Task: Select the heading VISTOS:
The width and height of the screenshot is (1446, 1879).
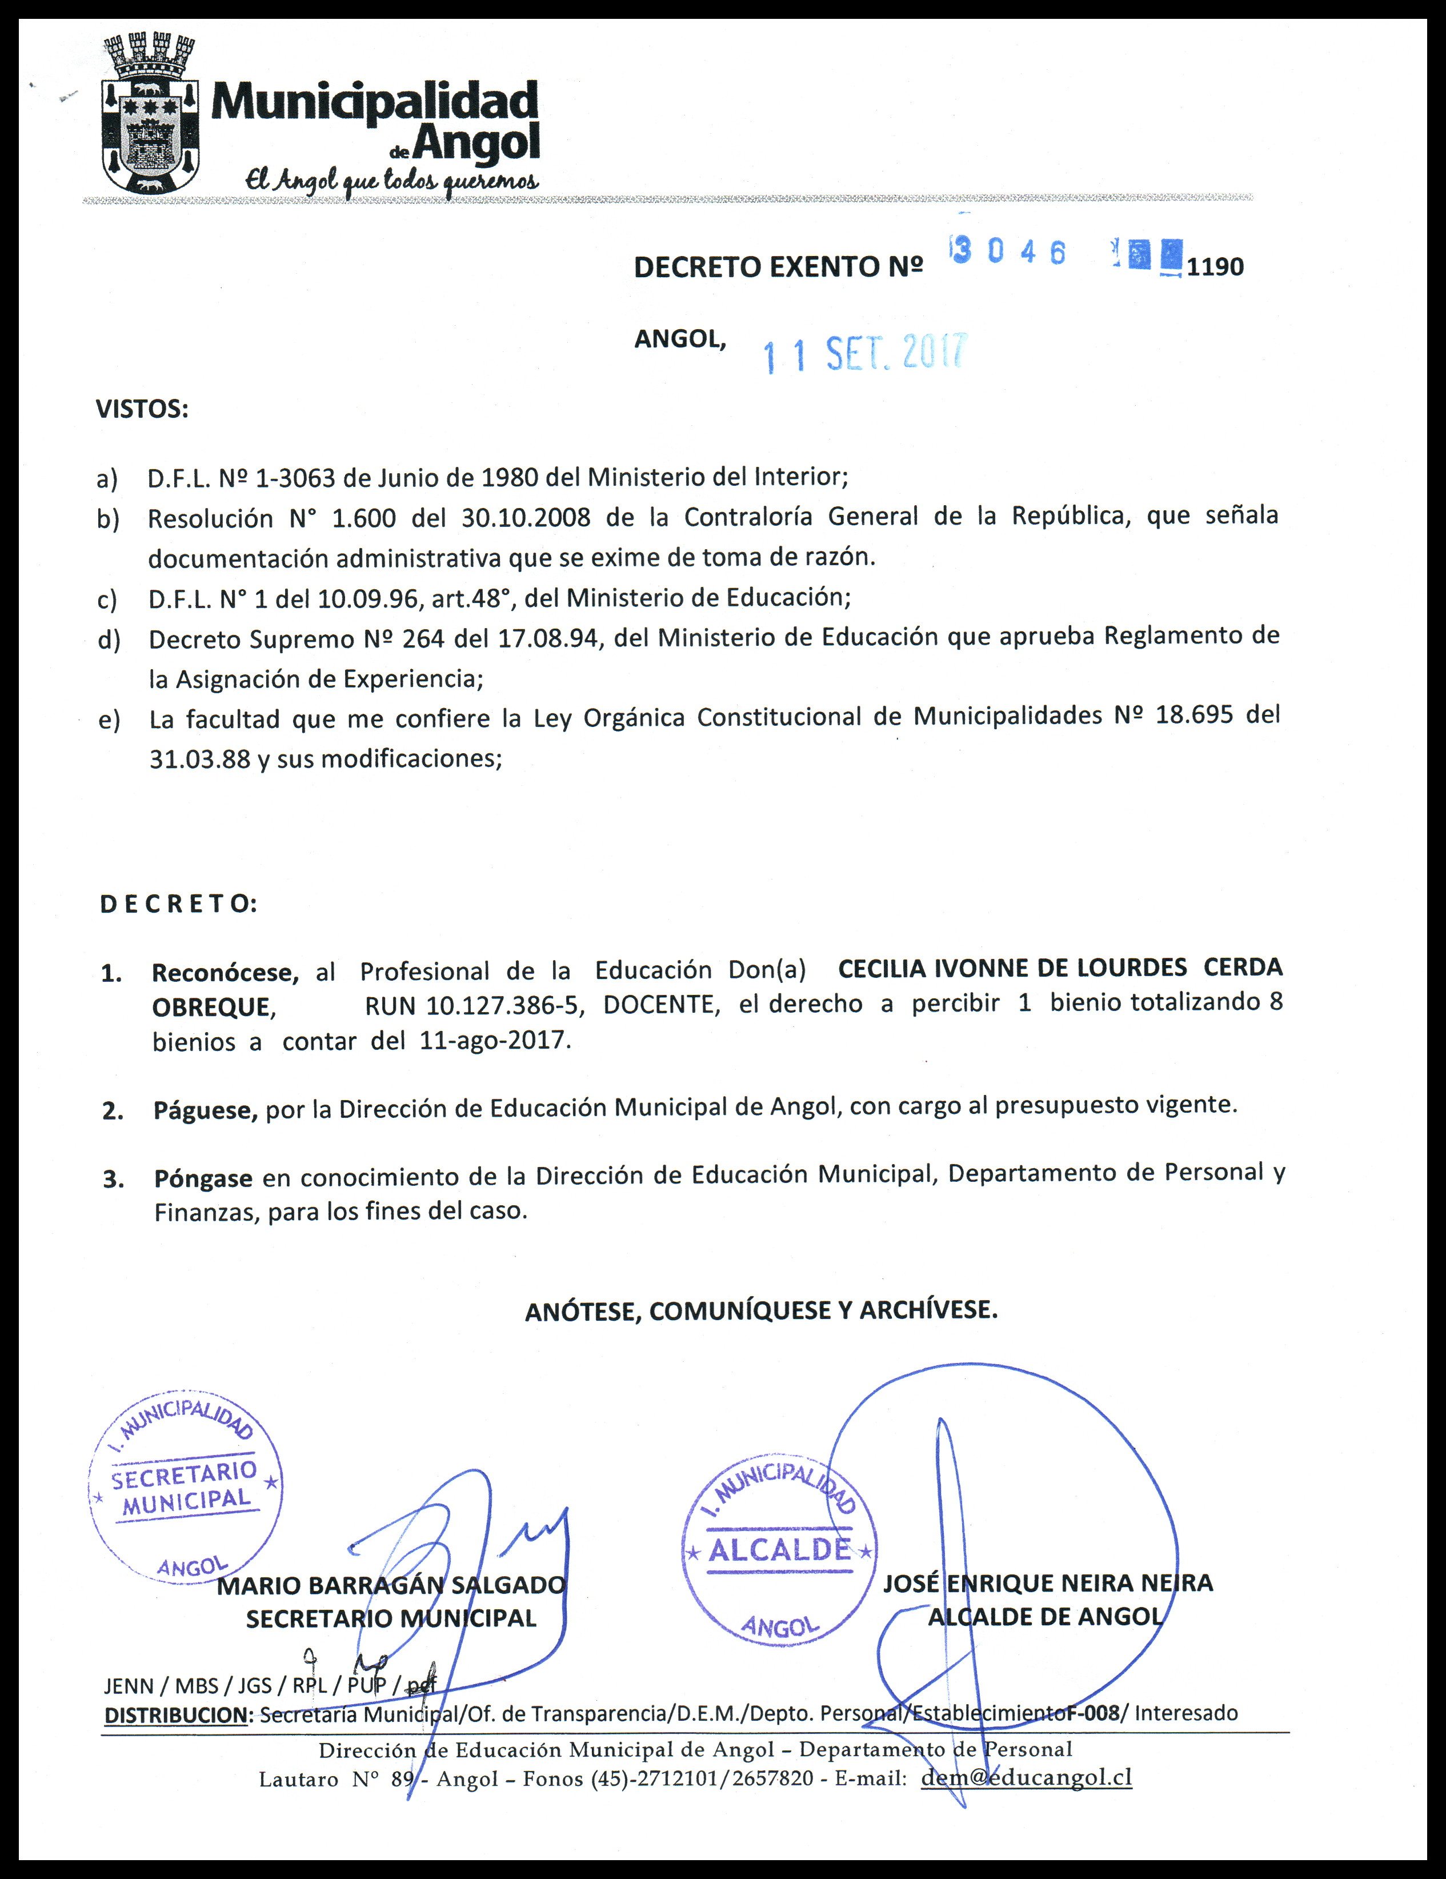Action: click(x=142, y=408)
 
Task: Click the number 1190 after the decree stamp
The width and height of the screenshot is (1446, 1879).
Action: click(x=1215, y=267)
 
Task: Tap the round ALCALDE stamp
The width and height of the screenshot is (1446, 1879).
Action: click(x=779, y=1549)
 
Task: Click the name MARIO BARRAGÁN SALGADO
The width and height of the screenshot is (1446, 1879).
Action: click(x=391, y=1585)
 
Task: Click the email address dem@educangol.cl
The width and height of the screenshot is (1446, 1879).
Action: click(x=1026, y=1778)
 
